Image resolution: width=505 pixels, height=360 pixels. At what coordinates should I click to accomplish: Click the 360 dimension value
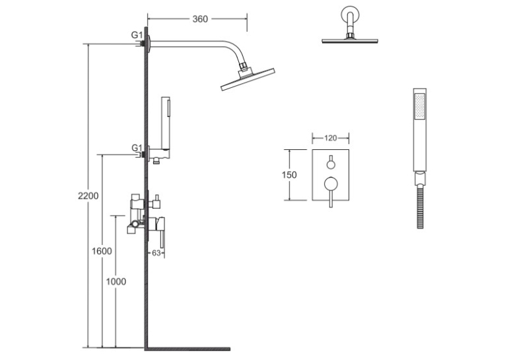(200, 19)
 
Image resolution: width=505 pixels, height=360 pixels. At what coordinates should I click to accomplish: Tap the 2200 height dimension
(88, 196)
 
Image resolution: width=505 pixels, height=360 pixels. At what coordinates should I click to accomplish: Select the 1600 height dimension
(102, 251)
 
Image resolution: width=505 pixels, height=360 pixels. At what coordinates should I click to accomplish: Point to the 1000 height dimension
(116, 281)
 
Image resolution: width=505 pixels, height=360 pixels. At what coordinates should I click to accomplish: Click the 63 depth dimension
(156, 253)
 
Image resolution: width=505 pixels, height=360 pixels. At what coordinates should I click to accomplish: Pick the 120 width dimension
(331, 138)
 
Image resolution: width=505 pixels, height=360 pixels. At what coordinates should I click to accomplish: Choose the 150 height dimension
(289, 175)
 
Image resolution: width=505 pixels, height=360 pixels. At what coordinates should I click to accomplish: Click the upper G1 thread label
(137, 35)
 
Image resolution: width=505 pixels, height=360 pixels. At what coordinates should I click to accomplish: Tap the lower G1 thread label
(137, 148)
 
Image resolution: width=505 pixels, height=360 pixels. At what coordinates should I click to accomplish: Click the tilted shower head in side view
(248, 79)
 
